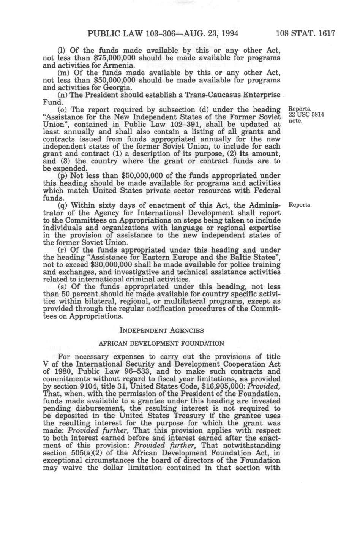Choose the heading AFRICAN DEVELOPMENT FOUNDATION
point(161,343)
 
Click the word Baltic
point(241,258)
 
